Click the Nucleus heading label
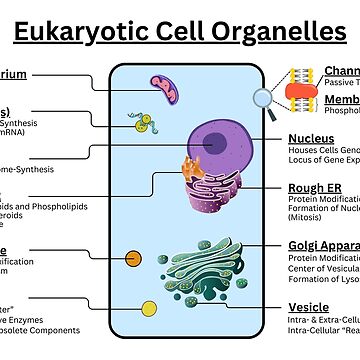pos(311,138)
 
